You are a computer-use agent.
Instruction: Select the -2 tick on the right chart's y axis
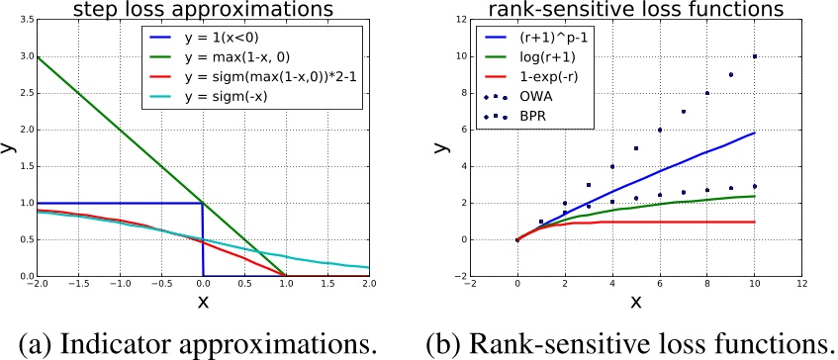(455, 276)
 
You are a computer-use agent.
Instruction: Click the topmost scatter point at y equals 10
(755, 56)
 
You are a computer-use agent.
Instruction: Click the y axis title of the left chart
(9, 148)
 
